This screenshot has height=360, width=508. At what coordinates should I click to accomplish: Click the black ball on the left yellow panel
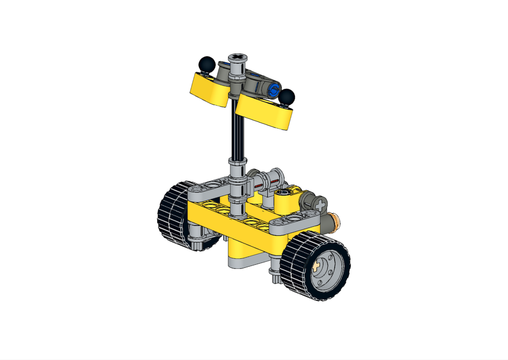point(205,64)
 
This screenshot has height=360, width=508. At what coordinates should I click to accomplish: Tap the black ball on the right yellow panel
point(287,96)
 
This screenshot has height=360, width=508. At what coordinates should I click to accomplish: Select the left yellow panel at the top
point(208,89)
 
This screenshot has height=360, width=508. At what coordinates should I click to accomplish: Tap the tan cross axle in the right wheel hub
point(319,265)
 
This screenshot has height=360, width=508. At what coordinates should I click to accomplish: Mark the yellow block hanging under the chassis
point(244,252)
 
